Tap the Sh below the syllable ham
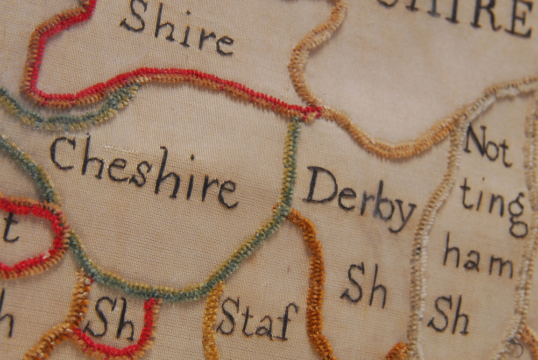pos(448,315)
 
